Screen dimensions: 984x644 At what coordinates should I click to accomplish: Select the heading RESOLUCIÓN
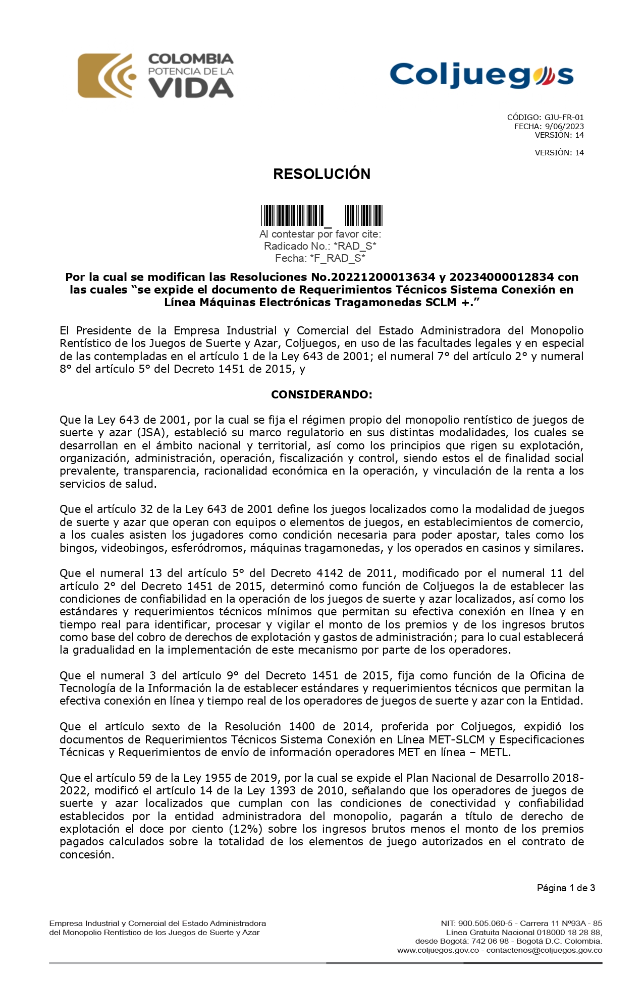(x=321, y=174)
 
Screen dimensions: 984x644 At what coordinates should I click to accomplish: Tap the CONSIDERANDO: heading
(x=321, y=394)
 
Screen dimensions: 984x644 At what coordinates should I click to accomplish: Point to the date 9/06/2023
(x=564, y=127)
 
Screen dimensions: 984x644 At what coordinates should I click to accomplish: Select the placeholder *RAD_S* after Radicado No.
(x=355, y=246)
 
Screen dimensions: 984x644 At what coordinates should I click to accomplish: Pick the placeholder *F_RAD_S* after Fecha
(x=341, y=258)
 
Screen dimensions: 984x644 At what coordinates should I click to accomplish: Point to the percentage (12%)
(x=246, y=829)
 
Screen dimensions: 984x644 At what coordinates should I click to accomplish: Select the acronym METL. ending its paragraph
(x=494, y=753)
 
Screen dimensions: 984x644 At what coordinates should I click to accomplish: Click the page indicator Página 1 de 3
(x=566, y=888)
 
